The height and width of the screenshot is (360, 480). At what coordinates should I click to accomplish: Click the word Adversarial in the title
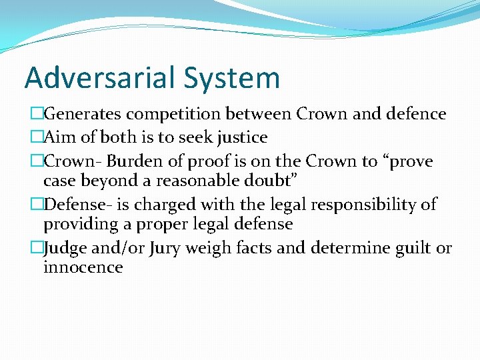coord(101,78)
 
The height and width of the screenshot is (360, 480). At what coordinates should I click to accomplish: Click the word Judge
coord(65,249)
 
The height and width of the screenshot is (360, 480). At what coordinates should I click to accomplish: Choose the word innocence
coord(83,267)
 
